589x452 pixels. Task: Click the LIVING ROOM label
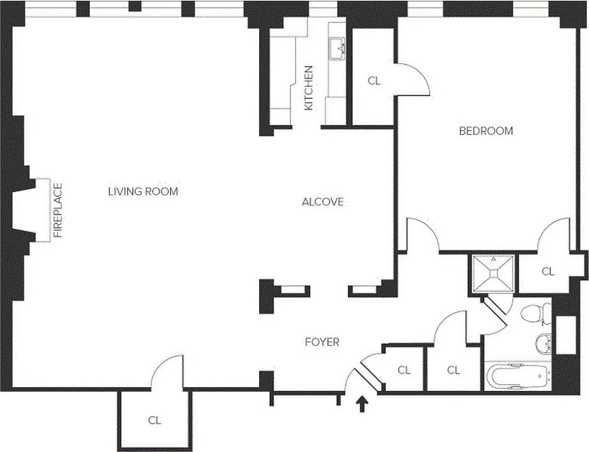(x=143, y=192)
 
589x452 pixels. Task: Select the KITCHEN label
(x=309, y=88)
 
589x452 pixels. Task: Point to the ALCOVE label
(x=322, y=202)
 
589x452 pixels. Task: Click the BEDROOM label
(x=486, y=131)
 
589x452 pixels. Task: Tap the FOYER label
(x=322, y=342)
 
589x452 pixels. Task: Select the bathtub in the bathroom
(x=517, y=376)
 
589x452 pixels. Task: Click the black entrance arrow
(x=363, y=404)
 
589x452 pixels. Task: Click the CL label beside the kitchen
(x=374, y=81)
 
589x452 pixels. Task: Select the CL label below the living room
(x=154, y=420)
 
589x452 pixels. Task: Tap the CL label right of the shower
(x=548, y=272)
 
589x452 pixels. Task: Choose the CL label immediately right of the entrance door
(x=404, y=370)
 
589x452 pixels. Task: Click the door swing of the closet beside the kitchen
(x=412, y=79)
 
